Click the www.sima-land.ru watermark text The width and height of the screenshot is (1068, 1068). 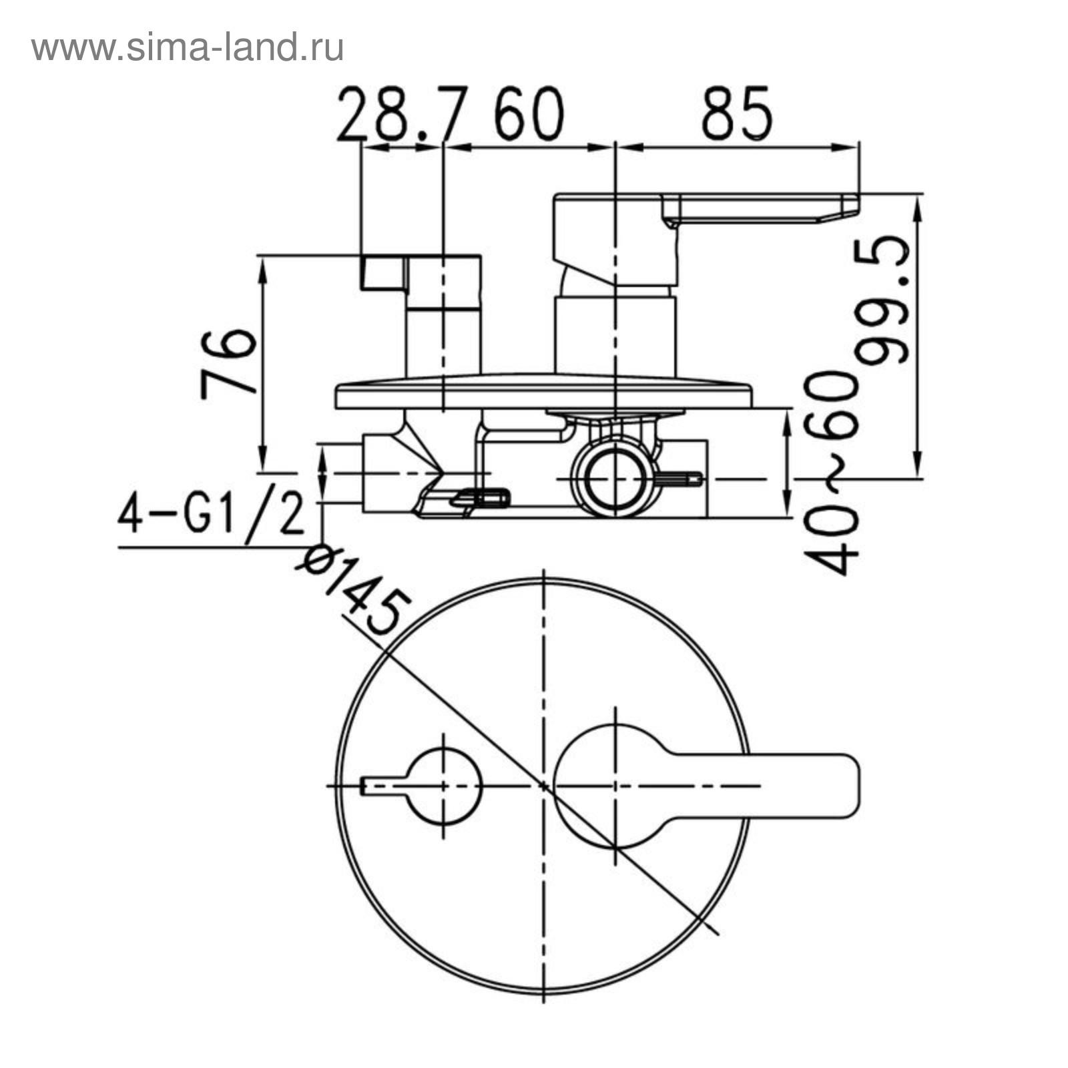(188, 48)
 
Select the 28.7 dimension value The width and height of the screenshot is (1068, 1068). (399, 114)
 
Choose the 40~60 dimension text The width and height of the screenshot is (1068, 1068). (830, 473)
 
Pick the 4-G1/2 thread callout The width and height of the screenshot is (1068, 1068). (212, 514)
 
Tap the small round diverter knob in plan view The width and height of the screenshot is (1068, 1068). (445, 786)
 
